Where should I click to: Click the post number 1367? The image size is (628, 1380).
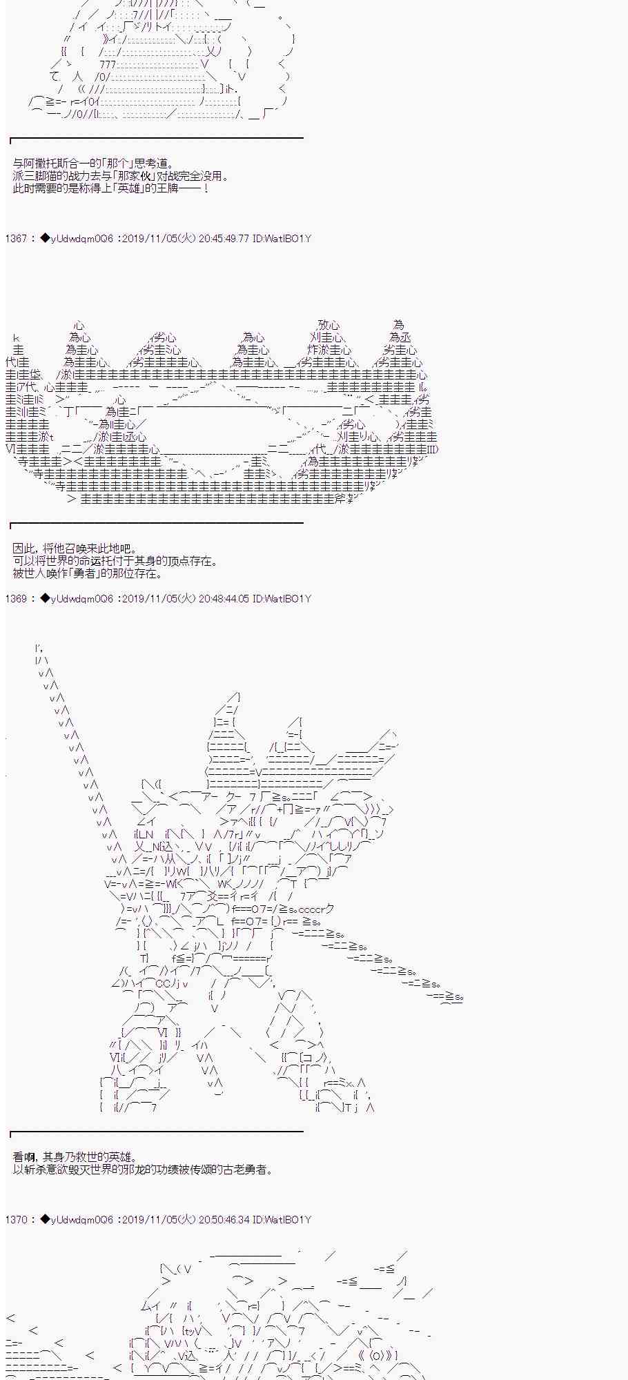pos(16,239)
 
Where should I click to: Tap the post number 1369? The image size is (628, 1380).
pos(16,599)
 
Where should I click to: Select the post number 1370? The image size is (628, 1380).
pos(16,1220)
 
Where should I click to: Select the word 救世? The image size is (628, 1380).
pos(86,1157)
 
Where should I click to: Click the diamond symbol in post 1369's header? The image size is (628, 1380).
pos(45,599)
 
